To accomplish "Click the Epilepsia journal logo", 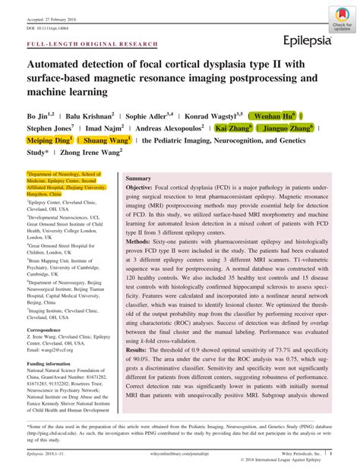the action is pyautogui.click(x=307, y=39).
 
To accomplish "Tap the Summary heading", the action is pyautogui.click(x=139, y=177).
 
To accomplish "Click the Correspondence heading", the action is pyautogui.click(x=49, y=331).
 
